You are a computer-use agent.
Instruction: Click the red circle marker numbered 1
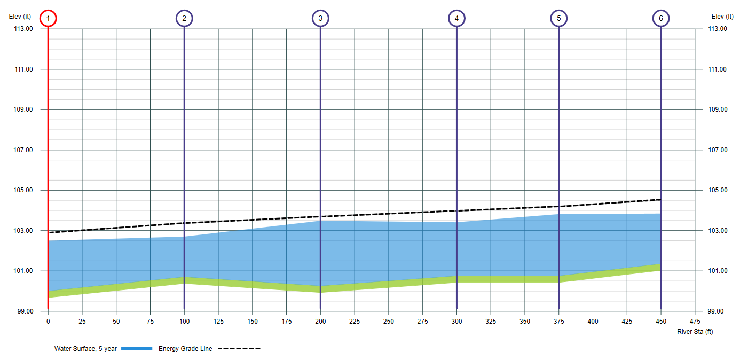click(48, 19)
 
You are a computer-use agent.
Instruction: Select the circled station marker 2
click(184, 19)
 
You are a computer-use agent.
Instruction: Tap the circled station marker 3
click(320, 19)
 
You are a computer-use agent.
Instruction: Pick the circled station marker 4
click(456, 19)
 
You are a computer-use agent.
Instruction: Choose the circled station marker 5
click(558, 19)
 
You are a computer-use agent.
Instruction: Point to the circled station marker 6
click(661, 19)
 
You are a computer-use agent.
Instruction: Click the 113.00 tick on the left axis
click(23, 29)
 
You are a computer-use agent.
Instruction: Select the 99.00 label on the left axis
click(23, 311)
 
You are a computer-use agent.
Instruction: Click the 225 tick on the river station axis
click(355, 322)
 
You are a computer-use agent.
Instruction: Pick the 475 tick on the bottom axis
click(695, 322)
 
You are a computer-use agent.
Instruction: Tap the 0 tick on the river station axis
click(48, 322)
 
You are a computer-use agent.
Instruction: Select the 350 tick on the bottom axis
click(525, 322)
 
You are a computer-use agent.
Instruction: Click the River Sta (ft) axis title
click(695, 332)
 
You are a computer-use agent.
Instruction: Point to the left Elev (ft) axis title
click(20, 16)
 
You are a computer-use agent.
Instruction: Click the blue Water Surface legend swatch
click(137, 349)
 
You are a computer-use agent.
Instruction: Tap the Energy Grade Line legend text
click(185, 349)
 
